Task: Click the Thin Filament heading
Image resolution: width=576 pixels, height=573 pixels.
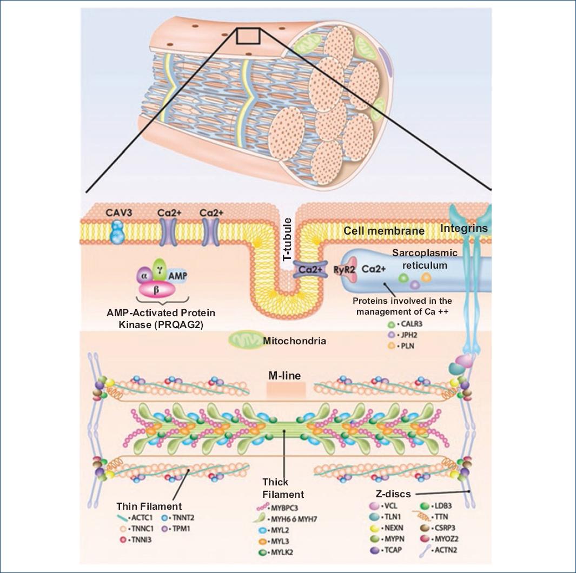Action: (x=149, y=507)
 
